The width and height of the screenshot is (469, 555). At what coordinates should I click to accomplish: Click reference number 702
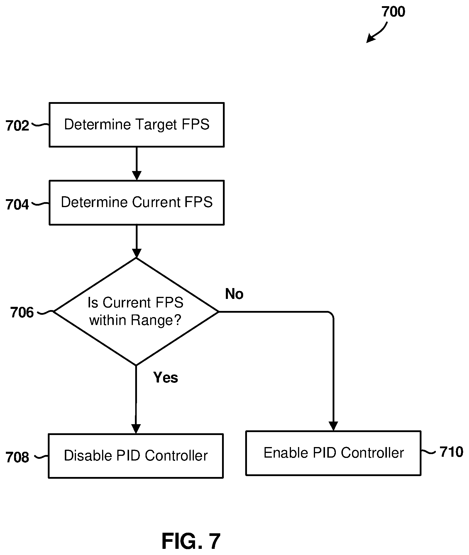click(x=18, y=126)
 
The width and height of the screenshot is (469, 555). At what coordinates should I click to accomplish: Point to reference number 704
click(x=18, y=204)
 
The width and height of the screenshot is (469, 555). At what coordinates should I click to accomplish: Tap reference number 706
click(x=22, y=312)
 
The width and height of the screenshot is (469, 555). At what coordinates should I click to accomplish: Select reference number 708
click(x=18, y=457)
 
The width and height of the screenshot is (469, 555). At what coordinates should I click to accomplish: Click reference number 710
click(x=451, y=452)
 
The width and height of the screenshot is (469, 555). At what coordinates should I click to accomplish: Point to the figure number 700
click(x=393, y=12)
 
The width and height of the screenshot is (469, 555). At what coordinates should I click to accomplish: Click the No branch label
click(x=234, y=294)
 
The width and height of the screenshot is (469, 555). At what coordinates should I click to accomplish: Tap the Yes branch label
click(x=166, y=377)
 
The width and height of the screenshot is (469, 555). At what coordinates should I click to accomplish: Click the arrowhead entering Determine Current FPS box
click(x=137, y=176)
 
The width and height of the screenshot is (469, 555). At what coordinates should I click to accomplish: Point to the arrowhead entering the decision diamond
click(x=137, y=253)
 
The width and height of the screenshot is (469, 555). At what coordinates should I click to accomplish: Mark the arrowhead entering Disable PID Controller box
click(x=136, y=429)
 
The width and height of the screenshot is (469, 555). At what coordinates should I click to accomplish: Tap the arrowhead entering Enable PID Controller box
click(x=333, y=426)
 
